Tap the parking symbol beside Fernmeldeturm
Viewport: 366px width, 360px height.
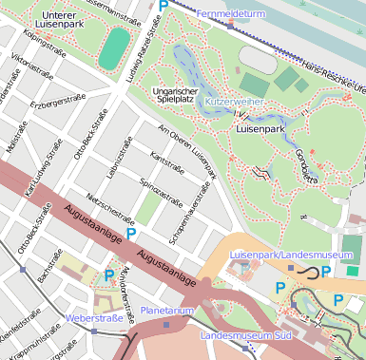pyautogui.click(x=164, y=7)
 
